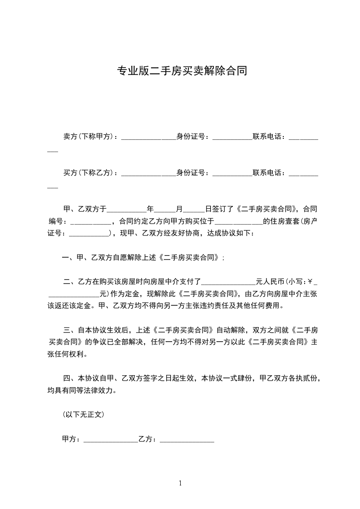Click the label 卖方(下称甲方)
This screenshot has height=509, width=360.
(x=89, y=136)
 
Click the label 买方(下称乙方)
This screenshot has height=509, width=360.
(x=89, y=173)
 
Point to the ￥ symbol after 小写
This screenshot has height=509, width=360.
(x=310, y=282)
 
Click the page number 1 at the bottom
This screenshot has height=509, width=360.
(x=180, y=483)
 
